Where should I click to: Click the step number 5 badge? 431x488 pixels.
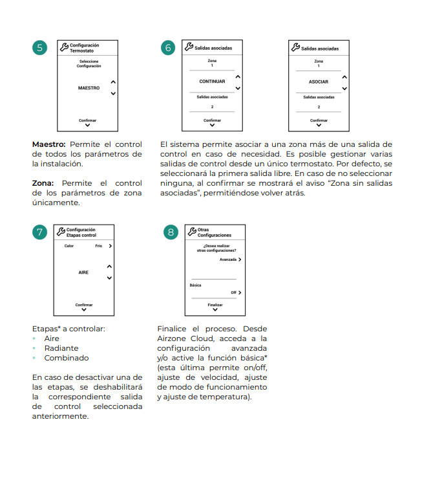coord(40,48)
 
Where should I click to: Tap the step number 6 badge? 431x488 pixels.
coord(169,48)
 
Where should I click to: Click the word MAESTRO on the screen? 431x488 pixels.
coord(89,87)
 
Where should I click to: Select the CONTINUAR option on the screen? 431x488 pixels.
coord(212,82)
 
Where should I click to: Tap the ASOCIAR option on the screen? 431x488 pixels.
coord(319,82)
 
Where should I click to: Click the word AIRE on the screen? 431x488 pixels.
coord(83,272)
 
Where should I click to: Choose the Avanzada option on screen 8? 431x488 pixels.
coord(228,259)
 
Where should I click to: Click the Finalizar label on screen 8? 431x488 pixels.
coord(215,304)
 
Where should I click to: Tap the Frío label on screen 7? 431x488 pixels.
coord(99,247)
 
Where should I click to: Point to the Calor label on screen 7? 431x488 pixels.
coord(69,247)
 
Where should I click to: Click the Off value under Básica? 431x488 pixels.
coord(233,293)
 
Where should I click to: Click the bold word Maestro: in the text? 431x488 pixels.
coord(48,144)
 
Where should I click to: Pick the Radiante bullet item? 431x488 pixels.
coord(61,348)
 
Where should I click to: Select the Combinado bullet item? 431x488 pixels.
coord(67,358)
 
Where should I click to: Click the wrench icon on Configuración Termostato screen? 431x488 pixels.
coord(63,47)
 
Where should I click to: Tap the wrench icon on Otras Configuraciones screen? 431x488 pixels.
coord(192,232)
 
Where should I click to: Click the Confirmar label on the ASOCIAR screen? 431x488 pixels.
coord(319,120)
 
